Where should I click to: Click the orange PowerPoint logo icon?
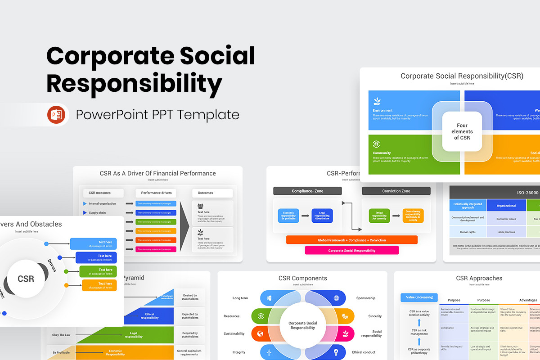coord(56,115)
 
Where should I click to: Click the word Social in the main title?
coord(217,56)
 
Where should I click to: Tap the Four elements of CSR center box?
coord(462,131)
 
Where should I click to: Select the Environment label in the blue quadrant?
coord(382,110)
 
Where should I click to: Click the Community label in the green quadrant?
coord(382,153)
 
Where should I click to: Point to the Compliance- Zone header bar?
coord(307,191)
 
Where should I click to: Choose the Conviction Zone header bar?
coord(396,191)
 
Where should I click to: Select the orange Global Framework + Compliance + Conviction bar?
coord(351,240)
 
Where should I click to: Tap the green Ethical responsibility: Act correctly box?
coord(379,216)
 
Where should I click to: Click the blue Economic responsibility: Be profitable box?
coord(288,216)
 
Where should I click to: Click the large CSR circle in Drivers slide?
coord(26,279)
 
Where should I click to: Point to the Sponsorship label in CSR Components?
coord(365,298)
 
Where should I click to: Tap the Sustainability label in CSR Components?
coord(234,333)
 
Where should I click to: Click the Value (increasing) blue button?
coord(419,297)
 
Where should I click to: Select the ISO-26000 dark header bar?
coord(495,193)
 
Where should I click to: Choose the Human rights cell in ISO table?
coord(468,232)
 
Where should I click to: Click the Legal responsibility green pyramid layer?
coord(133,335)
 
